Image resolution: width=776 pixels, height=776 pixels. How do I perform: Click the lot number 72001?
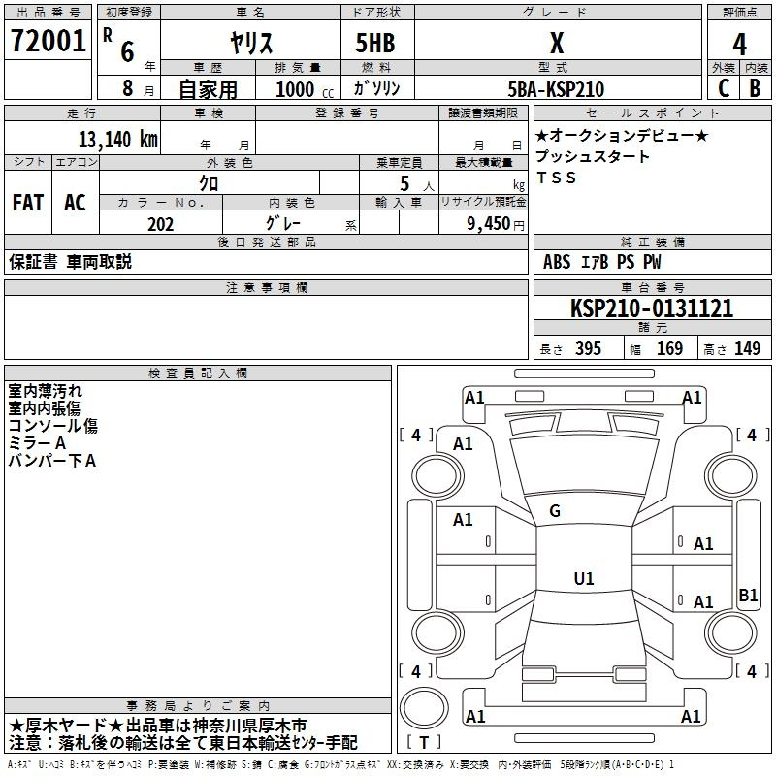(48, 42)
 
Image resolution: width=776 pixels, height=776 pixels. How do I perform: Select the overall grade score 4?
(739, 45)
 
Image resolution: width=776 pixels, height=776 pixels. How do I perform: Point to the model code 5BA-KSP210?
(556, 89)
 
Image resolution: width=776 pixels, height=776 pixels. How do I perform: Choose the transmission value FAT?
(28, 203)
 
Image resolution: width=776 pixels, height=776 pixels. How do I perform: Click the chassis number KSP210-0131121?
(652, 308)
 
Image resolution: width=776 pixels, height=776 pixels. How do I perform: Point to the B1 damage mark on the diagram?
(748, 596)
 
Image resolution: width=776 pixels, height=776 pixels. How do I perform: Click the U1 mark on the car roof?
(583, 579)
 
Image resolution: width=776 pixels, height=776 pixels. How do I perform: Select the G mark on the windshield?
(555, 511)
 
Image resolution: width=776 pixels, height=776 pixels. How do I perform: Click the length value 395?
(588, 349)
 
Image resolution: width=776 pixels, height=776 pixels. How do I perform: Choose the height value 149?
(747, 349)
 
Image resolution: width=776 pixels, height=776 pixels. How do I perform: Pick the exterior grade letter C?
(723, 88)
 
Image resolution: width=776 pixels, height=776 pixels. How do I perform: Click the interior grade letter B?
(756, 88)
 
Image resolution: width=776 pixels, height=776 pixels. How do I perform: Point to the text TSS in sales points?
(556, 178)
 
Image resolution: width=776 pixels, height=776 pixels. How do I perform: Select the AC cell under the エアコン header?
(75, 203)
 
